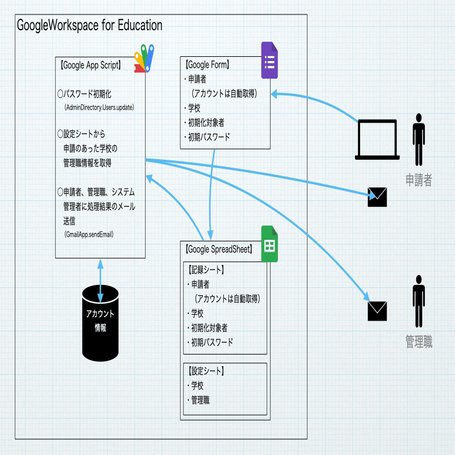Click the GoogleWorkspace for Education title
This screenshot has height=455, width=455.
pos(90,25)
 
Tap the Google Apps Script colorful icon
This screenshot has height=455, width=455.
pos(145,58)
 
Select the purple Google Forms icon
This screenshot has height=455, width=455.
pos(269,61)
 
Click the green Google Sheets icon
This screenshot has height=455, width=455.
pos(269,244)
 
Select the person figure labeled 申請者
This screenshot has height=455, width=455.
pos(418,139)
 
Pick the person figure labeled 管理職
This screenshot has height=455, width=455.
pos(418,301)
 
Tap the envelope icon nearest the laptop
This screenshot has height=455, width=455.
pos(377,197)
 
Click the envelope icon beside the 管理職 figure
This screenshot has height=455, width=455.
pos(377,310)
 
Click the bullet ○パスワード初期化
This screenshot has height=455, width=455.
pos(84,94)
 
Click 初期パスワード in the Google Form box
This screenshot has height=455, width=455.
pos(209,137)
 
